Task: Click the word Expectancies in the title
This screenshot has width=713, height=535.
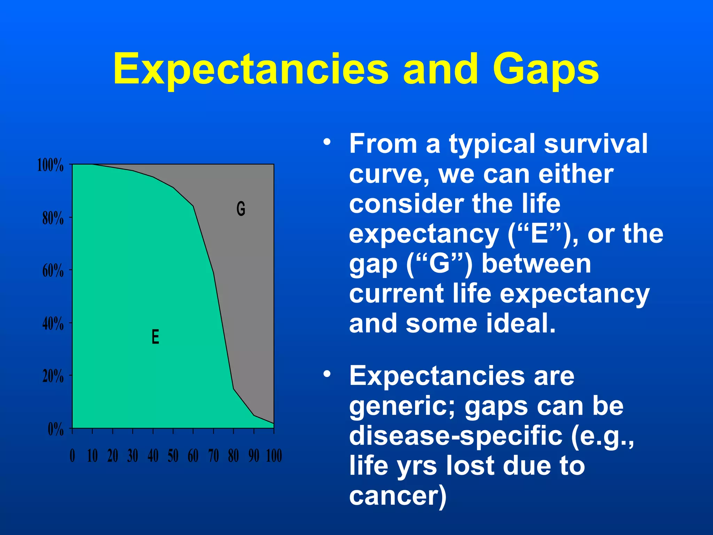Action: pos(250,69)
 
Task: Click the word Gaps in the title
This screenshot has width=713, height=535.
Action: pos(546,69)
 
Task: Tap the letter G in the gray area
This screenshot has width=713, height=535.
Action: pos(241,209)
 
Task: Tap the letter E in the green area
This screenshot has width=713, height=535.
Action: pos(155,337)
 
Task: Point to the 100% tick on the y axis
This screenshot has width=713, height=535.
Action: pos(50,165)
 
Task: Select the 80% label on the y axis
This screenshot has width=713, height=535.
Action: pos(53,218)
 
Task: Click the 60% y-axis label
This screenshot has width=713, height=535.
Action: pos(53,271)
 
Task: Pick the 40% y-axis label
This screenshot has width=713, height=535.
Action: pos(53,324)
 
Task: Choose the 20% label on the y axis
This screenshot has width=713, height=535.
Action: pos(53,377)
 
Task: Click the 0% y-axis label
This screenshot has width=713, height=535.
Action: pos(56,429)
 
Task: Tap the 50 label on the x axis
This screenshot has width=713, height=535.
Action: pos(173,456)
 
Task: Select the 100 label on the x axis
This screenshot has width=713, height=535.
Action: pos(274,456)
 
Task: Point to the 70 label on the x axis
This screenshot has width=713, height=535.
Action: pos(213,456)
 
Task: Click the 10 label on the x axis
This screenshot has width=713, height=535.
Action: pos(92,456)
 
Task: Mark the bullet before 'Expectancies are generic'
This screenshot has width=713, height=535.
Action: pos(327,374)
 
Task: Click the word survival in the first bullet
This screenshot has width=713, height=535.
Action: pos(596,144)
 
